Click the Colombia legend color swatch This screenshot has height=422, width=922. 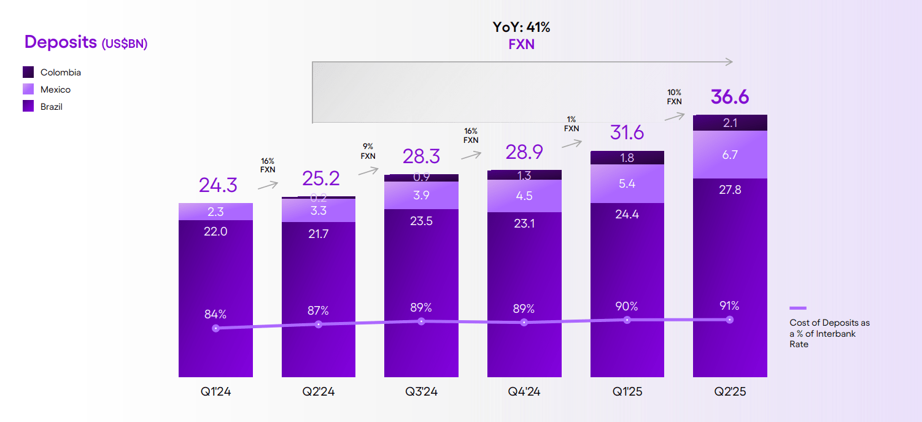[x=28, y=72]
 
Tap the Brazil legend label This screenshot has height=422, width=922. [x=52, y=107]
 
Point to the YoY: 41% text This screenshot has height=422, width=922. [x=521, y=27]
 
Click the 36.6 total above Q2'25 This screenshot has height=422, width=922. [x=730, y=97]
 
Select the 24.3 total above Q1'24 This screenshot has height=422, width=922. [x=218, y=185]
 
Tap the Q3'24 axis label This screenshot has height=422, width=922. [x=421, y=392]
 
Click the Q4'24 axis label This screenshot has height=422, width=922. [x=524, y=392]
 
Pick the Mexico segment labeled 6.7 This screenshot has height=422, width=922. [x=730, y=155]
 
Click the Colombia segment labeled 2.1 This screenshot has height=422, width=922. [x=730, y=123]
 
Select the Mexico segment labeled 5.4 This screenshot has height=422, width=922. [x=627, y=183]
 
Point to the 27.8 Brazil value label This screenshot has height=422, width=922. [x=730, y=190]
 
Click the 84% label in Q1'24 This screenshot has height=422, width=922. [x=215, y=314]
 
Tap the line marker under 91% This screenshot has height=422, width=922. [x=730, y=320]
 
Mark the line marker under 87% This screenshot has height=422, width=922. [x=318, y=324]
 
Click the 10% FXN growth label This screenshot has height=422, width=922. [x=674, y=97]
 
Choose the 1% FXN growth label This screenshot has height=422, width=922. [x=571, y=124]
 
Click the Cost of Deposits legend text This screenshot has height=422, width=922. [x=829, y=333]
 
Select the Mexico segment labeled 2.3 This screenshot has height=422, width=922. [x=215, y=212]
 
